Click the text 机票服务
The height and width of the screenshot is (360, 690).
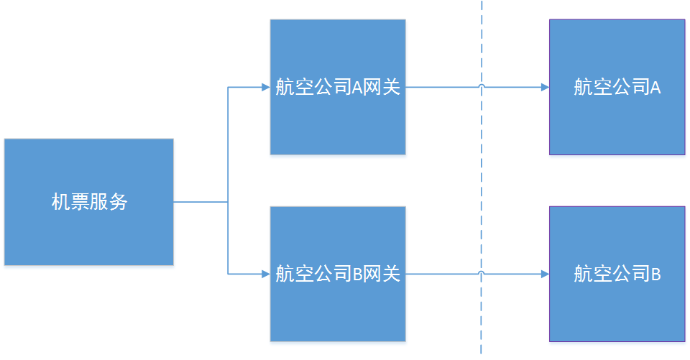(x=89, y=203)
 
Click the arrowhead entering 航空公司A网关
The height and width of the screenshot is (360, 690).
(x=265, y=88)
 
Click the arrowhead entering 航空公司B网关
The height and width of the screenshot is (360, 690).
(x=265, y=274)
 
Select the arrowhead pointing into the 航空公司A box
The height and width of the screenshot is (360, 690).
(x=545, y=88)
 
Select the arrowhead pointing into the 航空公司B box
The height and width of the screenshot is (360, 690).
(x=545, y=274)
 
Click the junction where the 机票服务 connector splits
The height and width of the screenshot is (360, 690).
(x=228, y=202)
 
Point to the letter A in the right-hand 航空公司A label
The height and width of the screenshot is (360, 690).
(x=655, y=88)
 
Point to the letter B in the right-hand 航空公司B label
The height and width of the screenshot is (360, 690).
(x=655, y=274)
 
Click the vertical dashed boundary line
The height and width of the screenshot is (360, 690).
(x=482, y=180)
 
